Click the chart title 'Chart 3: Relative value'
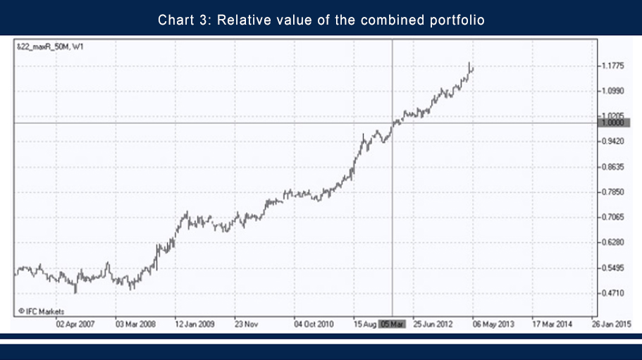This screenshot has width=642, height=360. tap(321, 19)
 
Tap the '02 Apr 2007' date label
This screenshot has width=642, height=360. tap(75, 325)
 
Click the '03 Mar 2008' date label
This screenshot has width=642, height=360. tap(135, 325)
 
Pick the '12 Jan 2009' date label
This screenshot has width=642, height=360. tap(195, 325)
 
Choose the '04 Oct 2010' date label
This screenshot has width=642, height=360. tap(314, 325)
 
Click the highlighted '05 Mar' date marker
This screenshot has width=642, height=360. tap(392, 325)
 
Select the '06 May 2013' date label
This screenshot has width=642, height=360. tap(493, 325)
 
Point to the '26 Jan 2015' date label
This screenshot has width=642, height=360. tap(612, 325)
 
